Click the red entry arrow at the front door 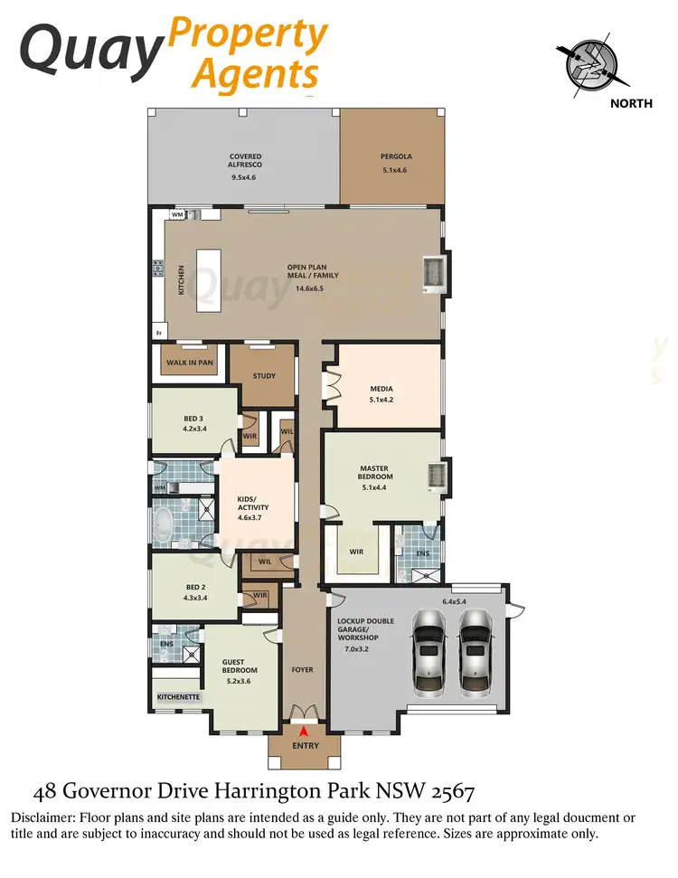(x=304, y=731)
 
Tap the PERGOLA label (x=396, y=156)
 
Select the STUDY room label (x=264, y=376)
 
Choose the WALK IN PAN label (x=190, y=363)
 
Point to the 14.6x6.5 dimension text (x=308, y=289)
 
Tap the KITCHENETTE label (x=178, y=697)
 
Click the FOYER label (x=302, y=670)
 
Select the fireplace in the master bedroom (x=435, y=476)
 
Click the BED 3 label (x=193, y=419)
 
